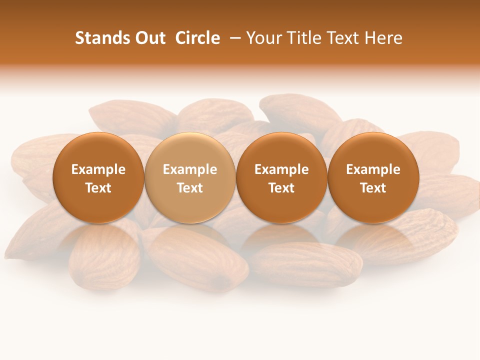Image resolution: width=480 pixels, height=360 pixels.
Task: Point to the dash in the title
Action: pos(233,38)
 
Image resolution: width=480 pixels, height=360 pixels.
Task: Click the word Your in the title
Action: pos(262,38)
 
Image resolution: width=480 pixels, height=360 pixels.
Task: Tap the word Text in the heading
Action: pos(339,38)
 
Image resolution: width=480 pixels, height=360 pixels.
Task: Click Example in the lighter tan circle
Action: pos(190,169)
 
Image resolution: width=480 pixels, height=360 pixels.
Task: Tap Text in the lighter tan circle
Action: pos(190,188)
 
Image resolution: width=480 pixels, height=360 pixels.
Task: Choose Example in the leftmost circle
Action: pos(98,169)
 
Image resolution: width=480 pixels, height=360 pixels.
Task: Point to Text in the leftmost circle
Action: pos(98,188)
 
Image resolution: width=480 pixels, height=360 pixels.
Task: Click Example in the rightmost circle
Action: pos(373,169)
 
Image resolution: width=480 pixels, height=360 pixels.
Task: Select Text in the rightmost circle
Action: pos(373,188)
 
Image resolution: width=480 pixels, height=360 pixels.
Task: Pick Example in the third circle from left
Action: pos(281,169)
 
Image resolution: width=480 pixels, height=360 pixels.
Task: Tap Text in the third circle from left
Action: pos(281,188)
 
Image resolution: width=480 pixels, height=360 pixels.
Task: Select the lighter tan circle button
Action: pos(190,150)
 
